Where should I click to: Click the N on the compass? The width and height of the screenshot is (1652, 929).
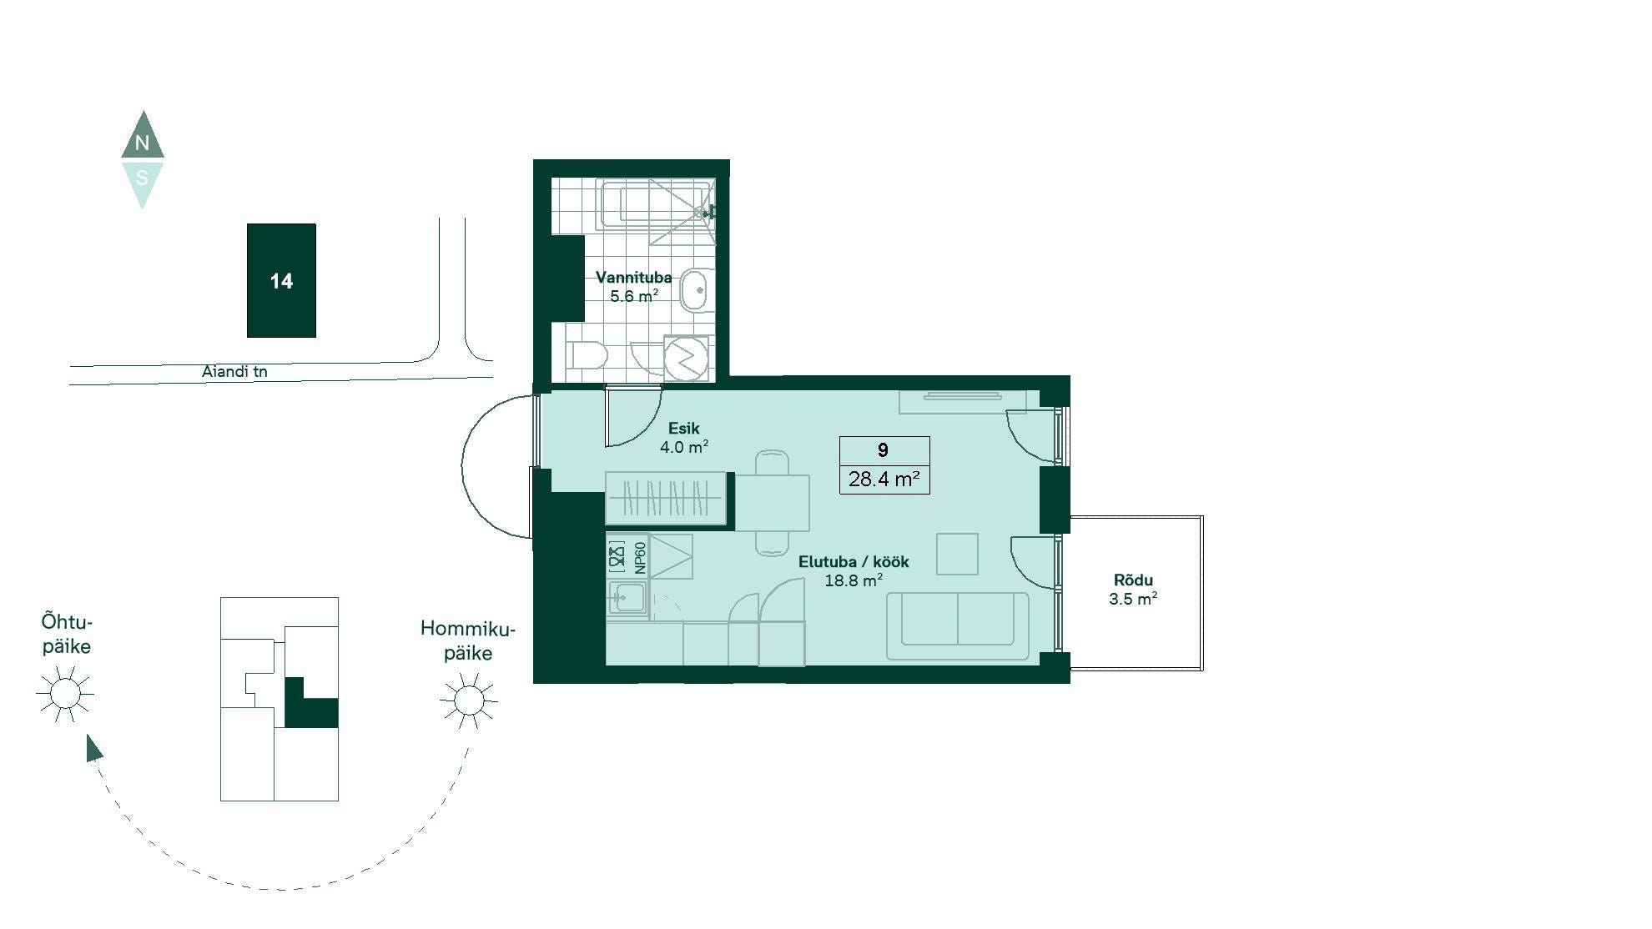click(x=142, y=143)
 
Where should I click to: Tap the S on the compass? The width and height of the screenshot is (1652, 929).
click(x=142, y=178)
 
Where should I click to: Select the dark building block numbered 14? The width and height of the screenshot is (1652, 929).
click(x=281, y=280)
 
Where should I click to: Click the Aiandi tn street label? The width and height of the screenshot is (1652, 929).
click(x=234, y=371)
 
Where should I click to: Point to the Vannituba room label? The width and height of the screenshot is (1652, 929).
click(x=633, y=278)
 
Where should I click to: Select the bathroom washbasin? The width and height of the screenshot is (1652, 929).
click(x=696, y=290)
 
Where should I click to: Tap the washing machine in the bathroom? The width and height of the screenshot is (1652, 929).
click(x=686, y=359)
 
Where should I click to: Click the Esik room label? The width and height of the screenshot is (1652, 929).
click(x=683, y=429)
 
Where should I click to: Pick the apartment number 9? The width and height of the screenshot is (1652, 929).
click(x=883, y=450)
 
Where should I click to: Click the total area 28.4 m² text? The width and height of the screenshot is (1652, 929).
click(x=884, y=479)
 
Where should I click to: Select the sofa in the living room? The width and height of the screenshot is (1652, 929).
click(x=958, y=625)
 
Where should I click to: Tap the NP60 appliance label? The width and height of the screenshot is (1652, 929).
click(x=640, y=557)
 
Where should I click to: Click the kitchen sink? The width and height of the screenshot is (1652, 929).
click(x=627, y=597)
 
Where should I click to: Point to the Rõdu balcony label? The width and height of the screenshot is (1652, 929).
click(x=1133, y=580)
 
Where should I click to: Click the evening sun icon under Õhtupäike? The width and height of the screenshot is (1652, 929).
click(x=65, y=693)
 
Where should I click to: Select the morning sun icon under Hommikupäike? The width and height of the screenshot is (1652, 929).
click(x=469, y=700)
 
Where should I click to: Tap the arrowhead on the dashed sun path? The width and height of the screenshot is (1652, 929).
click(x=94, y=747)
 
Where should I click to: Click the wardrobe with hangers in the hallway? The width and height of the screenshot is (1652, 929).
click(x=665, y=499)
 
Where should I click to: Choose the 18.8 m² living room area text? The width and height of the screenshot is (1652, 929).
click(x=854, y=580)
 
